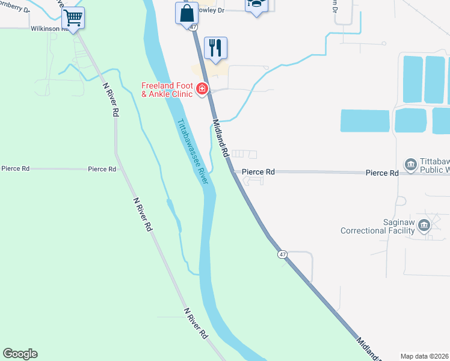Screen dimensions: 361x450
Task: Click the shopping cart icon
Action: (x=73, y=18)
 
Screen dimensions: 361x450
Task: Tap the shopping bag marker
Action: (x=187, y=12)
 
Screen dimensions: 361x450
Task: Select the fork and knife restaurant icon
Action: (x=216, y=48)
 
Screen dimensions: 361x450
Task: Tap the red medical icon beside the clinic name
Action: (x=202, y=90)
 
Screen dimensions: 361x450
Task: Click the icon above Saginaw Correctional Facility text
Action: (x=424, y=225)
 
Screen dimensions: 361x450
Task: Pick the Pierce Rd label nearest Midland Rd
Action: (x=258, y=172)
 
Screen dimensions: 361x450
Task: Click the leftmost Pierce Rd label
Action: (x=16, y=169)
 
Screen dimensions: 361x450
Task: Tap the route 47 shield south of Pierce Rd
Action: (x=282, y=255)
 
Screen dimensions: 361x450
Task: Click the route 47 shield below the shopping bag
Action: (x=193, y=28)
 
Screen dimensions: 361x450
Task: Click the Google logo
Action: (x=20, y=354)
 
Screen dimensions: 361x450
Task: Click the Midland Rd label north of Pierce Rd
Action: (x=221, y=138)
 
